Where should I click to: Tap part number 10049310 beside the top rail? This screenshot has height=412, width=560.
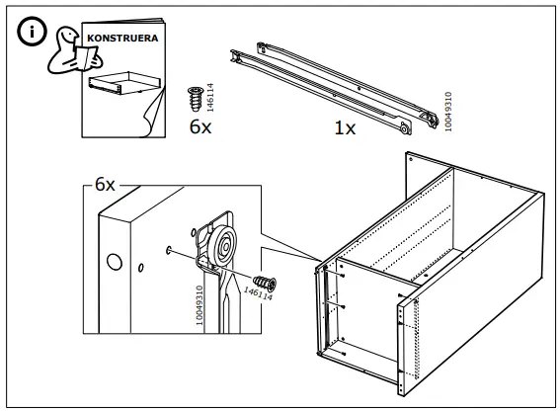click(449, 113)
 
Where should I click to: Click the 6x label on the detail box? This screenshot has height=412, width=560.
click(105, 185)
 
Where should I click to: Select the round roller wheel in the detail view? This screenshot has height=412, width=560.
click(224, 243)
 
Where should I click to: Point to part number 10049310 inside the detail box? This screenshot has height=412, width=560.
click(200, 306)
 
